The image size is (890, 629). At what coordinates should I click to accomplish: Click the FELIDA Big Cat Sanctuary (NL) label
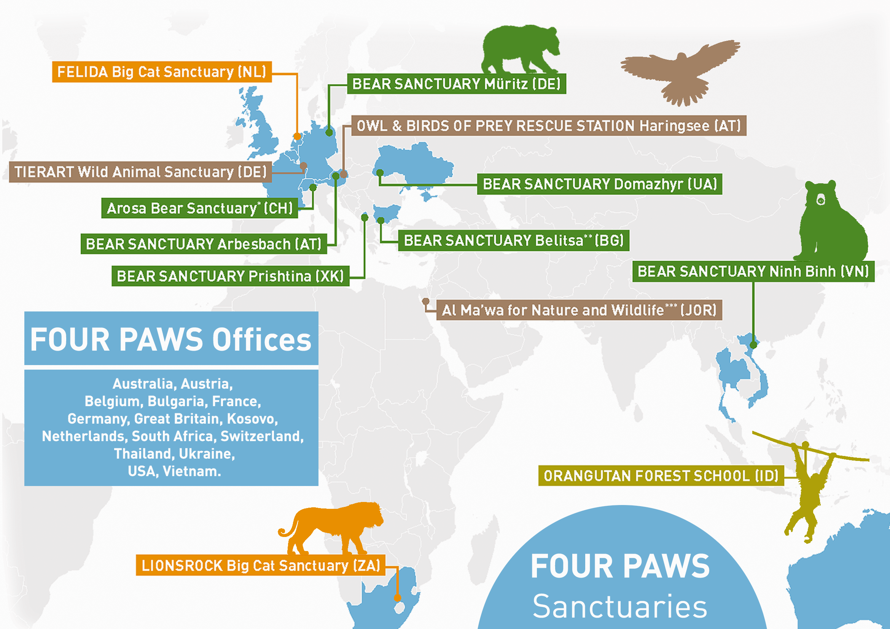162,72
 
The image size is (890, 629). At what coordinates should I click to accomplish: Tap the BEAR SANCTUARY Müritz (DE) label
456,84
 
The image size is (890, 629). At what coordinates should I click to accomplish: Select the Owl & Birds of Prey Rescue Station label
549,126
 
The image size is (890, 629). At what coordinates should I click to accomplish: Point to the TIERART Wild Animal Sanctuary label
140,172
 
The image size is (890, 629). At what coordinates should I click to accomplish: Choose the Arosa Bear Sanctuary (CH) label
199,208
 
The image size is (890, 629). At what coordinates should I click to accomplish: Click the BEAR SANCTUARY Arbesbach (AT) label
204,244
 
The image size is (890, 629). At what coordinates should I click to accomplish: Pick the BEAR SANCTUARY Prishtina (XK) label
230,276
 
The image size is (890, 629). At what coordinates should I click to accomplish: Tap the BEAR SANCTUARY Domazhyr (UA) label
599,184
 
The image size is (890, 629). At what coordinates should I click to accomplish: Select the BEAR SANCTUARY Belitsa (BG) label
513,240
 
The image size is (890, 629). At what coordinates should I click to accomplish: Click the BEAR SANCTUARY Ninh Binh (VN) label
753,272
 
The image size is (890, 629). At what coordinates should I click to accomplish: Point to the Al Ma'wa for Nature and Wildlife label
579,310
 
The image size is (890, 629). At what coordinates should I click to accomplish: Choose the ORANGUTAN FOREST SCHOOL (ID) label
661,476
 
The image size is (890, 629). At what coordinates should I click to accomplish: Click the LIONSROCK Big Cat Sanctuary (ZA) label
261,566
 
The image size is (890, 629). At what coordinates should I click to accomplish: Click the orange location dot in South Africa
397,598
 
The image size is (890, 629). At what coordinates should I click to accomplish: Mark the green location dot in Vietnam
753,345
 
